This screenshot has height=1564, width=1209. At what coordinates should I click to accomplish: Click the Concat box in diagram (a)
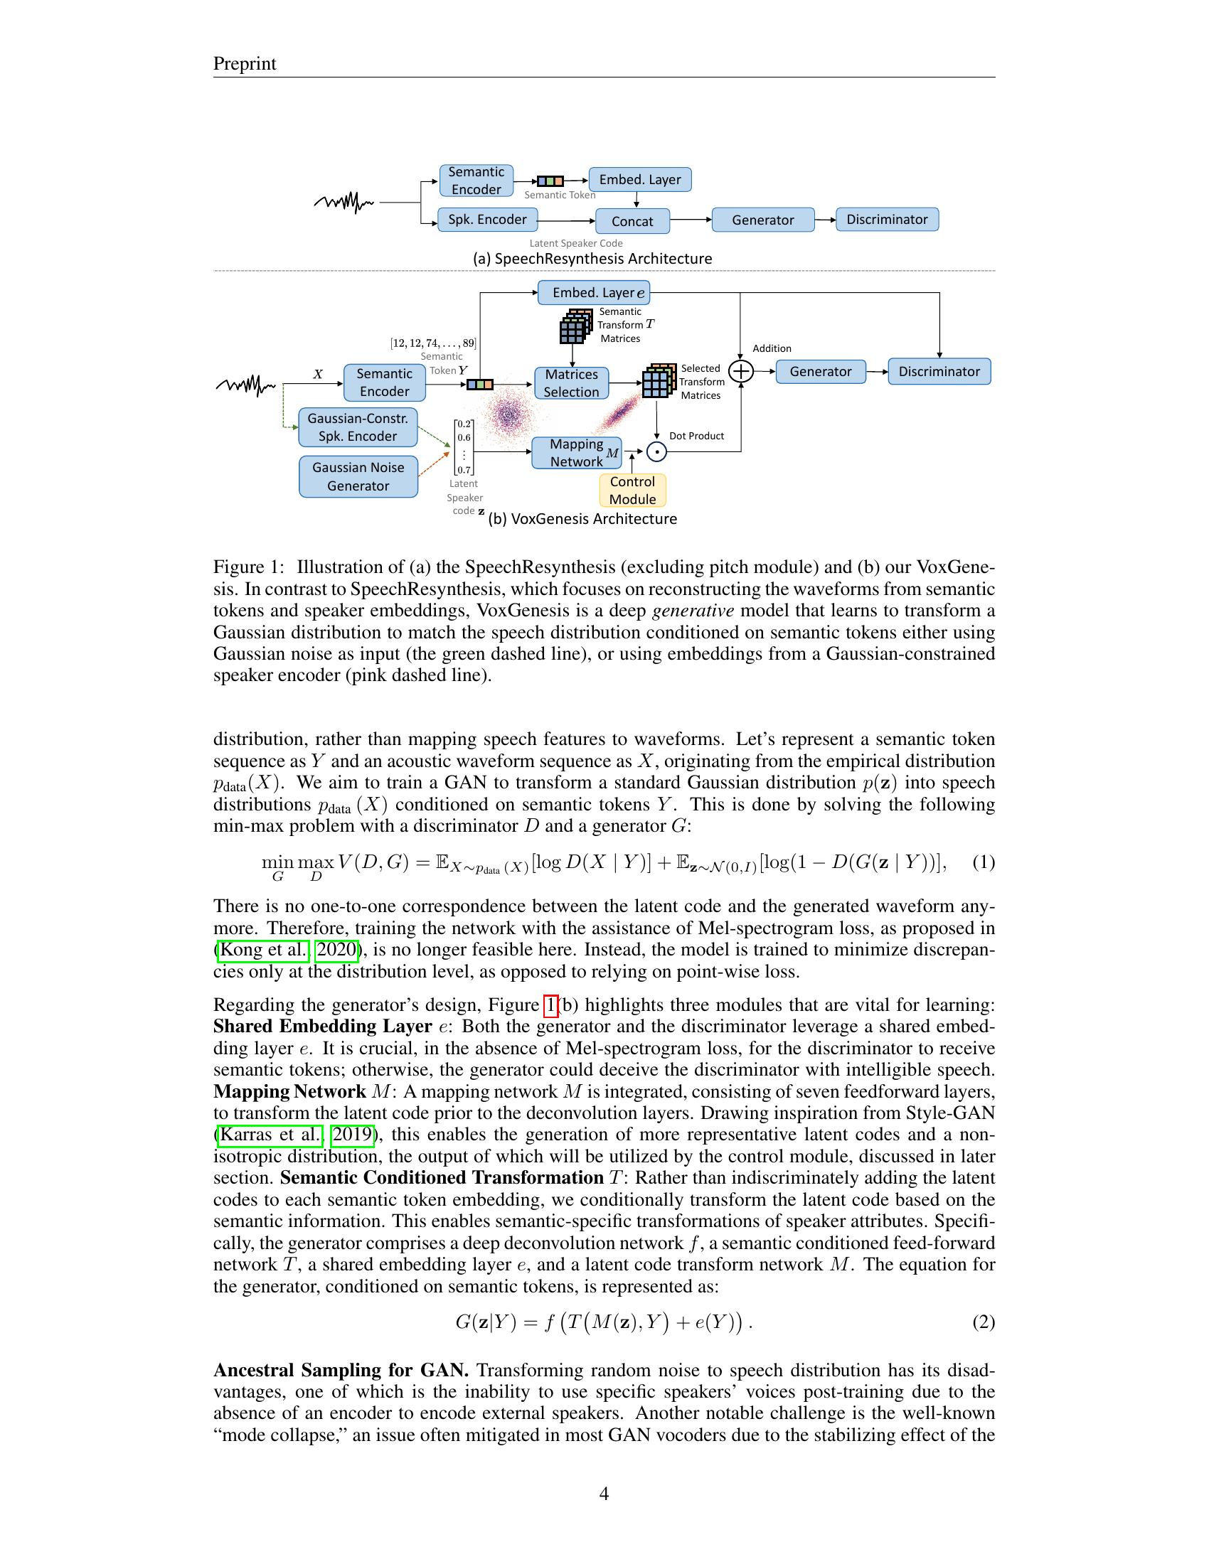click(632, 221)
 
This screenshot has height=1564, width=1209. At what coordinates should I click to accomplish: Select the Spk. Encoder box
click(487, 220)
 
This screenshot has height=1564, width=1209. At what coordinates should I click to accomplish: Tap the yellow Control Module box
click(632, 491)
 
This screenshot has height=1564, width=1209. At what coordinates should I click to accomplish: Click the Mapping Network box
click(576, 454)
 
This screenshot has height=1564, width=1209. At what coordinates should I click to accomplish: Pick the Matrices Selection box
click(571, 383)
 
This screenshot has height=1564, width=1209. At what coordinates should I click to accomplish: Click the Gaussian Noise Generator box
click(358, 477)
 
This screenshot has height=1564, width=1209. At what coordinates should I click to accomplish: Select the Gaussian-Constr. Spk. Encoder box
click(358, 427)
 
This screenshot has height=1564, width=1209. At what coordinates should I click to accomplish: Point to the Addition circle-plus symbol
click(740, 371)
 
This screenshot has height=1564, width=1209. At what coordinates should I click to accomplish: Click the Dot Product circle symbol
click(656, 452)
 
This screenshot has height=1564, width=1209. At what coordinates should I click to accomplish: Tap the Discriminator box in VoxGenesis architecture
click(939, 372)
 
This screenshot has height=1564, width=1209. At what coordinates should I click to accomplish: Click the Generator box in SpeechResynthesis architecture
click(763, 220)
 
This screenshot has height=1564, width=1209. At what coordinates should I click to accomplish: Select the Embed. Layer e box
click(594, 292)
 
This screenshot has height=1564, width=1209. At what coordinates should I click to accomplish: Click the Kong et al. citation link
click(263, 950)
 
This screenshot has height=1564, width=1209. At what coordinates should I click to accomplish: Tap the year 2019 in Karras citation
click(352, 1135)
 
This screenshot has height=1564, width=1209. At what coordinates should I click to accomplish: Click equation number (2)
click(983, 1322)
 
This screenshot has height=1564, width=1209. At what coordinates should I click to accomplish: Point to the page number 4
click(604, 1494)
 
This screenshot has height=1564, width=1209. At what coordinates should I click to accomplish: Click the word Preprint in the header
click(244, 64)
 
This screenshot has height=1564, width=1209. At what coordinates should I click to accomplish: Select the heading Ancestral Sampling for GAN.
click(341, 1371)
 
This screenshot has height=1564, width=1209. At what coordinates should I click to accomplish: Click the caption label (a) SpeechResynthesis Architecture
click(592, 259)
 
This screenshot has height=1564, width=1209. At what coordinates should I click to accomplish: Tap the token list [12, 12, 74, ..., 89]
click(432, 343)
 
